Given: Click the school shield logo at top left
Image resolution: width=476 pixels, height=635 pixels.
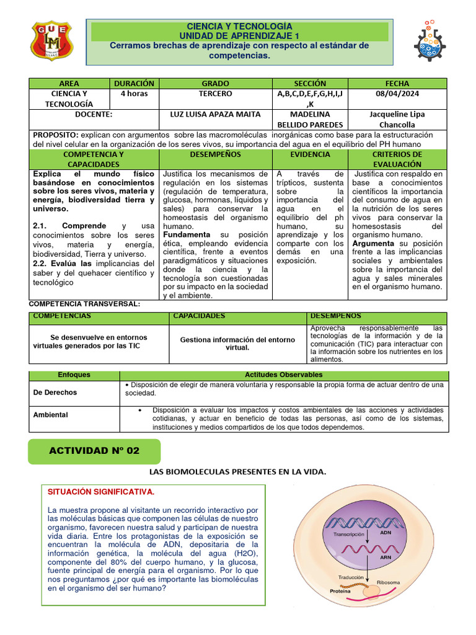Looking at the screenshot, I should click(51, 42).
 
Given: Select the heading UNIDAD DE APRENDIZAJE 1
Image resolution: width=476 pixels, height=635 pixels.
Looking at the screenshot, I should click(239, 36).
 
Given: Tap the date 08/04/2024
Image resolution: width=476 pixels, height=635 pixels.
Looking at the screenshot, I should click(397, 94).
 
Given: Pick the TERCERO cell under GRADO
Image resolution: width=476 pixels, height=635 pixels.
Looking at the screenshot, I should click(215, 94).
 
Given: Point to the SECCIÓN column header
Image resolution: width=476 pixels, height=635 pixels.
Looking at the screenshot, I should click(310, 83).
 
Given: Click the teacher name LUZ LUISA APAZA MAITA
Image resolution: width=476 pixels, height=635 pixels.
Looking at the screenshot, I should click(215, 115).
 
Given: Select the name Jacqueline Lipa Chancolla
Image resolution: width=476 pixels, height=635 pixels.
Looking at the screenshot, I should click(397, 120).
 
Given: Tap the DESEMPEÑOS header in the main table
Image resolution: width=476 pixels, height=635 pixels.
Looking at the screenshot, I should click(215, 154).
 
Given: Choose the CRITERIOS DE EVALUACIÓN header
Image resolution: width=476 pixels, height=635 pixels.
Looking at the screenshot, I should click(397, 159).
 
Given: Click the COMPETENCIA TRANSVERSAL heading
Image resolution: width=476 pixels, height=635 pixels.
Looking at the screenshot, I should click(85, 304).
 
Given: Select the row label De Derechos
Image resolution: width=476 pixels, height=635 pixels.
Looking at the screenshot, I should click(55, 393).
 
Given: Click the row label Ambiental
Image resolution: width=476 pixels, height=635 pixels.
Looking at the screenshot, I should click(50, 414).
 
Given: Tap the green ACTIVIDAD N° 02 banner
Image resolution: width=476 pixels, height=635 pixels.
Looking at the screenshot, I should click(94, 451).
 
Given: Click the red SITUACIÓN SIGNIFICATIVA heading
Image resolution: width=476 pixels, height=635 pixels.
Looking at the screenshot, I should click(100, 492).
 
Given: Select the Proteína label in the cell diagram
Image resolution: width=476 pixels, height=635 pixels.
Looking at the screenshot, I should click(340, 592).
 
